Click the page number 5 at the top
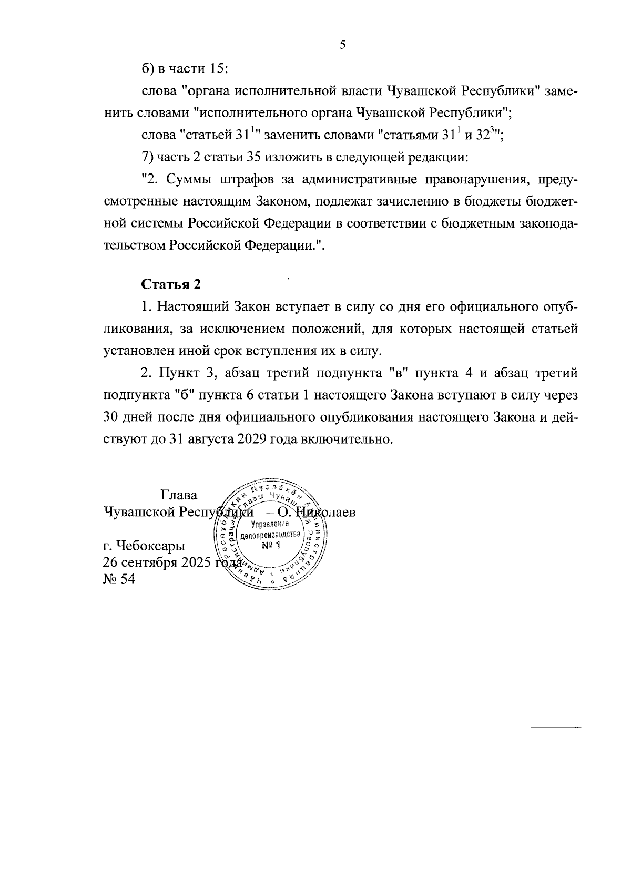point(342,45)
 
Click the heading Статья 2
point(171,284)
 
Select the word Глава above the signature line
point(179,495)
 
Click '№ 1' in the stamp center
point(271,546)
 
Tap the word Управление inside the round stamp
point(271,524)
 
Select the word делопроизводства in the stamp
point(271,535)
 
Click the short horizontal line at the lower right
point(554,728)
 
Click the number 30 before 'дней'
point(113,417)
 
